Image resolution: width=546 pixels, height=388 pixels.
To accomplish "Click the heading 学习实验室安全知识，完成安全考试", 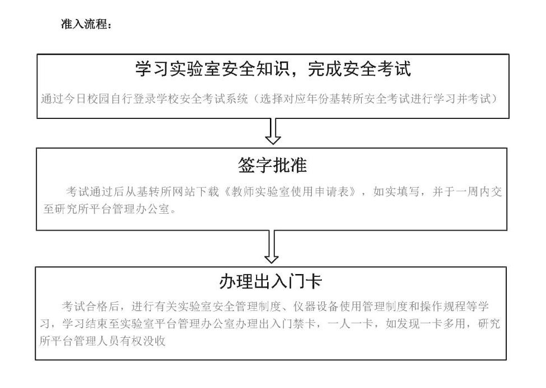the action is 273,69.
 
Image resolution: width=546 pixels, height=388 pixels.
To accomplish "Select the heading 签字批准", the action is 272,165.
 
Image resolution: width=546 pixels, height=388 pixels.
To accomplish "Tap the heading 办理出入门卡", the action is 270,281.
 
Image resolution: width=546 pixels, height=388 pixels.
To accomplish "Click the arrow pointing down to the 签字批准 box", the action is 273,132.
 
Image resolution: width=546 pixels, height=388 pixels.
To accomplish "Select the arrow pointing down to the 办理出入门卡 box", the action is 272,247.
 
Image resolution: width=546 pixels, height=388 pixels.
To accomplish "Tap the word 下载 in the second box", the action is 207,191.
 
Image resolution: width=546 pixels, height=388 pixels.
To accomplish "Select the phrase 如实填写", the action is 396,191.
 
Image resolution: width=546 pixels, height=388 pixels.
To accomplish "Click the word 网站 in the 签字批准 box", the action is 184,191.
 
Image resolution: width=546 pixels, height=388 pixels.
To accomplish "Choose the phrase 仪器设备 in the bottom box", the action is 316,306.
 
